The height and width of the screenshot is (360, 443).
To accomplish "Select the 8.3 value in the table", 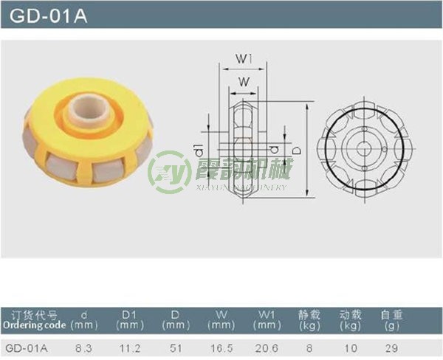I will [x=83, y=347].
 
